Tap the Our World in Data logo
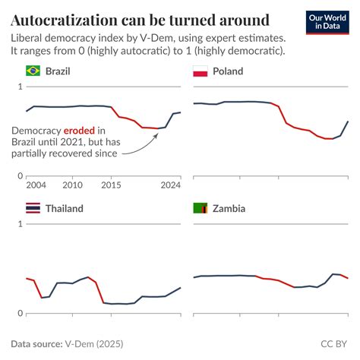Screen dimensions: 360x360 point(328,22)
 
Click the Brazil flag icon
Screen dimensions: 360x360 point(33,71)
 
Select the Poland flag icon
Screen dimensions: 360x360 point(201,71)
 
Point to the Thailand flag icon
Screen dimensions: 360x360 point(33,208)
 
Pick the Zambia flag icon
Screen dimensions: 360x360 point(201,208)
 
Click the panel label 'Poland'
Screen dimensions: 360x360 point(228,71)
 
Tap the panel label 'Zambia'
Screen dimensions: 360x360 point(229,208)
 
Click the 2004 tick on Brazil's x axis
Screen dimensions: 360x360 point(36,185)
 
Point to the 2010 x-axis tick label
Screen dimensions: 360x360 point(73,185)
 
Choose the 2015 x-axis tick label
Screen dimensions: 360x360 point(112,185)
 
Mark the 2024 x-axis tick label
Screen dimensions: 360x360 point(170,185)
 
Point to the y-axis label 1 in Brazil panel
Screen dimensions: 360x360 point(21,87)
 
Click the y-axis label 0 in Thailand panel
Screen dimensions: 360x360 point(21,313)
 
